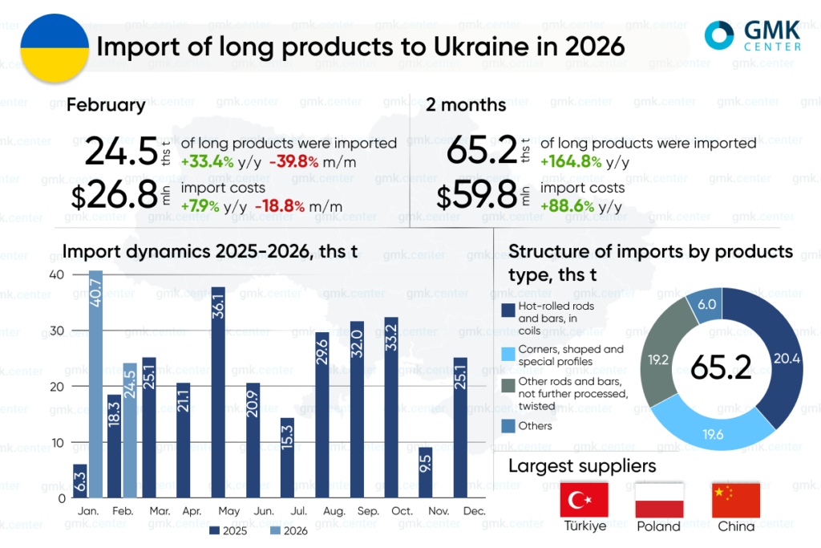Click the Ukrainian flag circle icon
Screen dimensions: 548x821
pyautogui.click(x=53, y=47)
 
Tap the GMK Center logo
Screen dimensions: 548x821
pyautogui.click(x=752, y=35)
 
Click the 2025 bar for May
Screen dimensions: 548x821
pyautogui.click(x=217, y=392)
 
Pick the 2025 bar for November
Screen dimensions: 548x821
pyautogui.click(x=426, y=473)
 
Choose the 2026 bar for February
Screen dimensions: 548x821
pyautogui.click(x=131, y=430)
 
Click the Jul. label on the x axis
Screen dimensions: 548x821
pyautogui.click(x=287, y=510)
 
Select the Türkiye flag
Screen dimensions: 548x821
pyautogui.click(x=584, y=500)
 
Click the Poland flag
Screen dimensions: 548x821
pyautogui.click(x=659, y=500)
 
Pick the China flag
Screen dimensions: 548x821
pyautogui.click(x=735, y=500)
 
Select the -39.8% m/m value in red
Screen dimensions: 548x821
pyautogui.click(x=293, y=161)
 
